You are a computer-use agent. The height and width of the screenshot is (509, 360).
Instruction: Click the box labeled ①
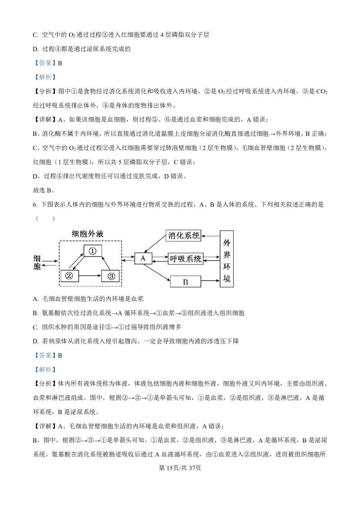[x=93, y=251]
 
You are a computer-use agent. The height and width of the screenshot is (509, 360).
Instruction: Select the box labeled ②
[x=69, y=276]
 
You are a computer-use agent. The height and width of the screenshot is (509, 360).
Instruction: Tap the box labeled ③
[x=110, y=276]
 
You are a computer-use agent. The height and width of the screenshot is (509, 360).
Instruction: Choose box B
[x=185, y=282]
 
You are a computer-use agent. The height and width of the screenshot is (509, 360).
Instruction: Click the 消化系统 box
[x=184, y=235]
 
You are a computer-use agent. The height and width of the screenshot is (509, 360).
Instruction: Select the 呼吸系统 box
[x=185, y=259]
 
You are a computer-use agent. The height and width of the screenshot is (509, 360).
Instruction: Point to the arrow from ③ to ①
[x=105, y=263]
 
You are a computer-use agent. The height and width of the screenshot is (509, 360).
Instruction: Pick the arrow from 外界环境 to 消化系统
[x=211, y=235]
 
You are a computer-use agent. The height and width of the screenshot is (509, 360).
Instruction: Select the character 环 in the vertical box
[x=227, y=267]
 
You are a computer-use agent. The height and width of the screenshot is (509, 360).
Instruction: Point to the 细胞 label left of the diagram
[x=37, y=263]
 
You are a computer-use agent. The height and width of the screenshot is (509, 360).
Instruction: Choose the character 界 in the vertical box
[x=227, y=254]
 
